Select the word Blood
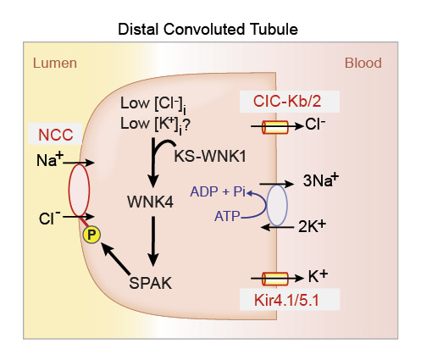pyautogui.click(x=363, y=64)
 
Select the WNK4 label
pyautogui.click(x=151, y=202)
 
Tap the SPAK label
pyautogui.click(x=152, y=283)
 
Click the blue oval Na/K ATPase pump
pyautogui.click(x=277, y=205)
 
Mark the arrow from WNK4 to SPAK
pyautogui.click(x=153, y=242)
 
